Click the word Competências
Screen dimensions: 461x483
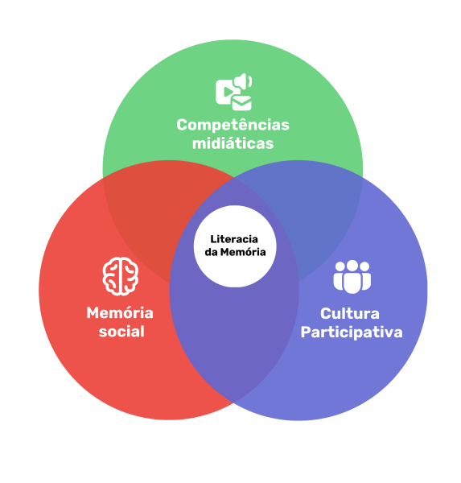click(233, 126)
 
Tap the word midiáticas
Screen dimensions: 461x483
click(233, 143)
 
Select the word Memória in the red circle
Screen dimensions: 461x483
click(120, 313)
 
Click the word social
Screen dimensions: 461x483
click(121, 332)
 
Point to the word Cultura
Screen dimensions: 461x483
click(349, 314)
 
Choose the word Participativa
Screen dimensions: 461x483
click(352, 332)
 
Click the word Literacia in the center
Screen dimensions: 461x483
click(234, 239)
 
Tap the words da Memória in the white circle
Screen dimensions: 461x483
click(235, 252)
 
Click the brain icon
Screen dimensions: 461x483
click(121, 276)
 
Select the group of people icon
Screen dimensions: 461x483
click(352, 277)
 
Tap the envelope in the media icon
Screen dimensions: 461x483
click(241, 104)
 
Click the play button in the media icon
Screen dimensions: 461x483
click(228, 92)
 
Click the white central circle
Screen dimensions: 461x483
click(235, 246)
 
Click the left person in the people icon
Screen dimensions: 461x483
click(339, 277)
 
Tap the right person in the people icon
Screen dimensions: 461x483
click(365, 277)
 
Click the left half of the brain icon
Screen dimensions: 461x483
click(111, 276)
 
